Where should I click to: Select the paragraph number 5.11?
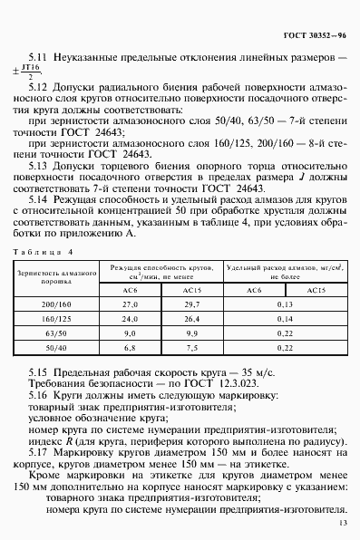point(36,57)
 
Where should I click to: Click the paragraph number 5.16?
point(36,398)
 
